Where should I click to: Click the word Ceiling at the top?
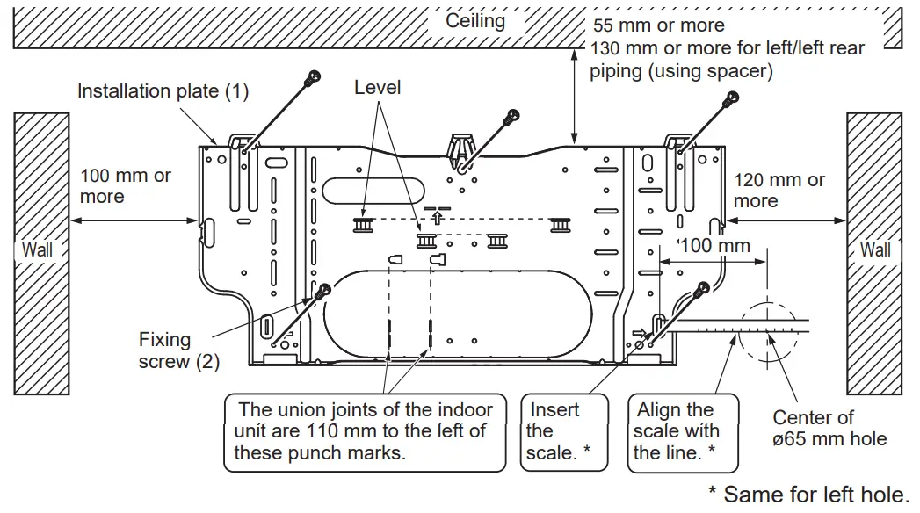475,21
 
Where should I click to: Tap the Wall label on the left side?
37,249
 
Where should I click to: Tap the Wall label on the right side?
874,249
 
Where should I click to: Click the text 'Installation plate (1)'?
163,90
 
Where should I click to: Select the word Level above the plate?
377,87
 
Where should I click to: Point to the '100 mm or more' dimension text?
125,185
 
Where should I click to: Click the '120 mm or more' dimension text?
779,190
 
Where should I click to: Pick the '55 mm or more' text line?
659,25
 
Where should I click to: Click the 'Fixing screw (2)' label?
178,350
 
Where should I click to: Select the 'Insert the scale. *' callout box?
558,431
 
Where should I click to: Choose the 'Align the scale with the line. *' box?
677,431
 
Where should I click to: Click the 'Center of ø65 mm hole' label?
829,428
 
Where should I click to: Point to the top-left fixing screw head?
310,79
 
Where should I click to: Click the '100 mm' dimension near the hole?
716,245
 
